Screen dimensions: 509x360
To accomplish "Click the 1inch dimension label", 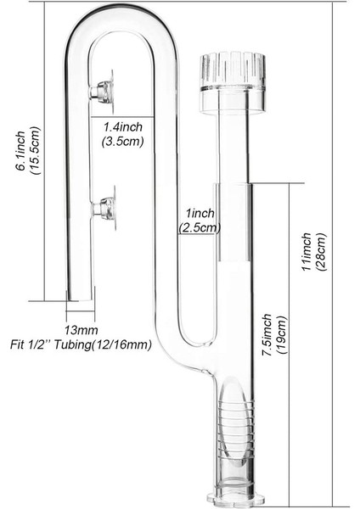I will (x=200, y=213).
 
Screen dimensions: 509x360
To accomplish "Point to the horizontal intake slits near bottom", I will (x=226, y=441).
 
